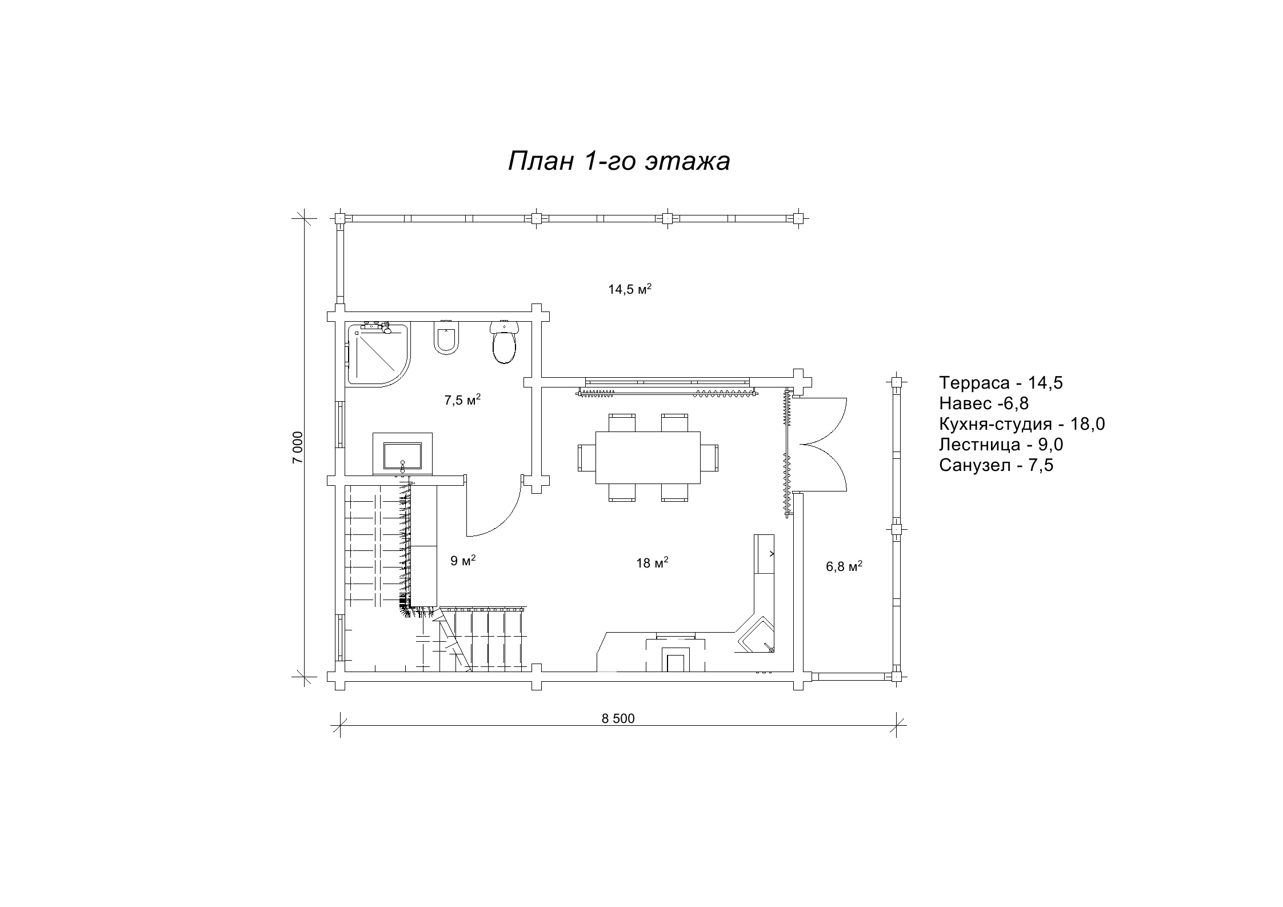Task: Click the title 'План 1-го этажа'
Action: click(x=619, y=162)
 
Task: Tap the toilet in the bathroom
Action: click(x=504, y=342)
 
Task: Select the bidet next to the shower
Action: click(x=446, y=338)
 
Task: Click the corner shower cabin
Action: click(x=378, y=354)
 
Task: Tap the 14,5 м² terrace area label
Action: click(x=630, y=289)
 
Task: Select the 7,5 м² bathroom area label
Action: click(x=462, y=400)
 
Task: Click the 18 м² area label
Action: click(x=652, y=563)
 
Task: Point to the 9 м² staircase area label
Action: click(x=463, y=561)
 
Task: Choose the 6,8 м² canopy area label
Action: click(x=844, y=566)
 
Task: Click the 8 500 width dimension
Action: click(x=618, y=719)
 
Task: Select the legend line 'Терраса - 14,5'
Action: click(x=1001, y=383)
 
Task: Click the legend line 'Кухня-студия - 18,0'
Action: click(x=1022, y=424)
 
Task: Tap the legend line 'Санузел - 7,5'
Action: click(x=996, y=465)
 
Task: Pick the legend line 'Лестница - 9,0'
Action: click(x=1001, y=445)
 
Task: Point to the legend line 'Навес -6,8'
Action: click(x=984, y=403)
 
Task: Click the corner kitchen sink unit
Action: click(x=756, y=634)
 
